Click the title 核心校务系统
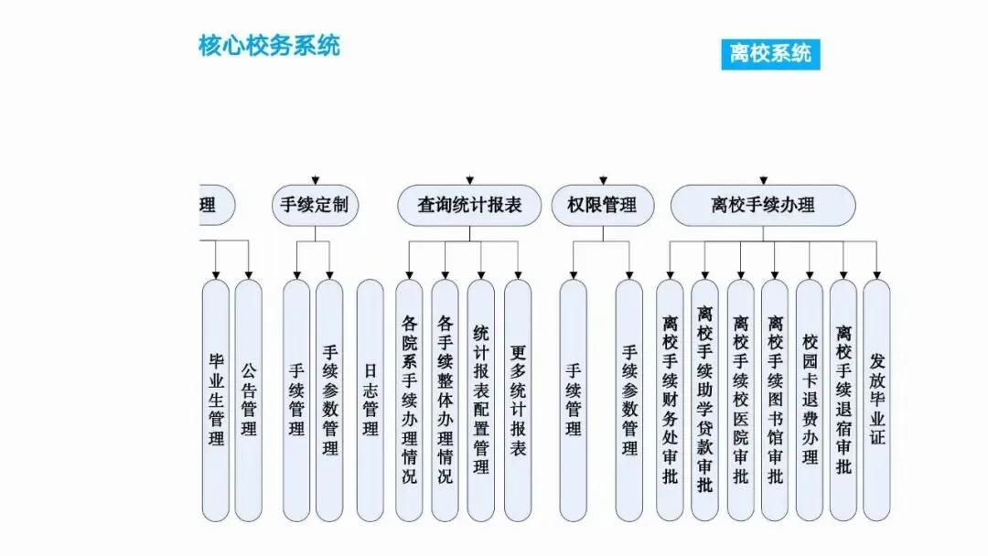click(269, 46)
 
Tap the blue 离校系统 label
click(770, 53)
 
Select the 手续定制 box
click(315, 206)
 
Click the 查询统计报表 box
click(469, 206)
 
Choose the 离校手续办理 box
click(763, 206)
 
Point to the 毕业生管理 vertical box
click(216, 401)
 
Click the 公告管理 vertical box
click(249, 401)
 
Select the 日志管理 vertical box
click(370, 401)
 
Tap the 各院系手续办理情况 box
click(409, 401)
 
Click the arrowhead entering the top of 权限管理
click(603, 180)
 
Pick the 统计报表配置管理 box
click(481, 401)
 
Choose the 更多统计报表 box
click(518, 401)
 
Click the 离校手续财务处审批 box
click(670, 401)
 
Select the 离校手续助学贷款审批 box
click(704, 401)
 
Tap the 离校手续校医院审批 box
click(740, 401)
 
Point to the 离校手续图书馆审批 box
click(775, 401)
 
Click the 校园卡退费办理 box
click(810, 401)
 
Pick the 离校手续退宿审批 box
click(843, 401)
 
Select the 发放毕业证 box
click(877, 401)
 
